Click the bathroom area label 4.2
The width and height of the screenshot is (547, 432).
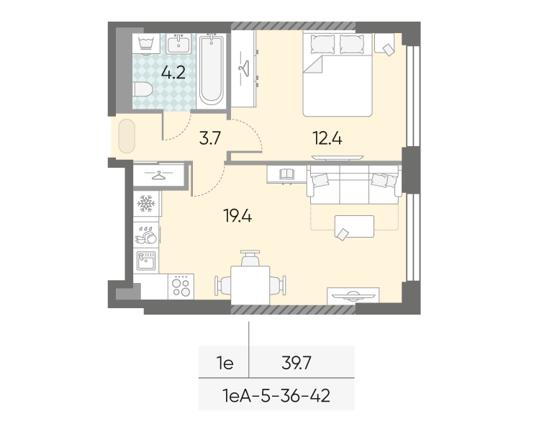173,73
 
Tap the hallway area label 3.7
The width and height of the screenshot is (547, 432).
210,138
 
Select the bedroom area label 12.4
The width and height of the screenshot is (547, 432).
327,138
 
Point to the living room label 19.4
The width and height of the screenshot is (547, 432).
238,216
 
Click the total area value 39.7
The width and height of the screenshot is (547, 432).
297,364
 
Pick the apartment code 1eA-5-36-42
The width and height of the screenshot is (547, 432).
276,396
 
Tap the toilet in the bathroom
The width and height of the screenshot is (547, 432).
143,89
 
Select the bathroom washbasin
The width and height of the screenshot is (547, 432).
178,44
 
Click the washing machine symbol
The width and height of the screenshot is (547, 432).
146,44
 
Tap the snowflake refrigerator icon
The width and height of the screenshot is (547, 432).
145,204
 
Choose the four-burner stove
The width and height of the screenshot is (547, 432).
181,287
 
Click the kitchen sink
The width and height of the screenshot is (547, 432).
146,261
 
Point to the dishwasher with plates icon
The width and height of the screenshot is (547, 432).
146,235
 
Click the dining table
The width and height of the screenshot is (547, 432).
250,285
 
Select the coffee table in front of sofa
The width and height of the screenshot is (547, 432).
354,227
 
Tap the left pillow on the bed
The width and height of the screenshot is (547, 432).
322,45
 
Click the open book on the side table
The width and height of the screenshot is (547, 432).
287,174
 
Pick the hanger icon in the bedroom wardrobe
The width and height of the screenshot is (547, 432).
244,68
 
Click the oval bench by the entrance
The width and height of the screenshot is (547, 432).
127,136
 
